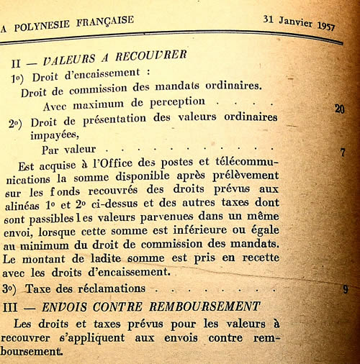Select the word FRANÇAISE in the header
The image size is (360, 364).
(106, 21)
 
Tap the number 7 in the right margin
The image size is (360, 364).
(343, 152)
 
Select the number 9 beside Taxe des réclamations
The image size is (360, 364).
(345, 289)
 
